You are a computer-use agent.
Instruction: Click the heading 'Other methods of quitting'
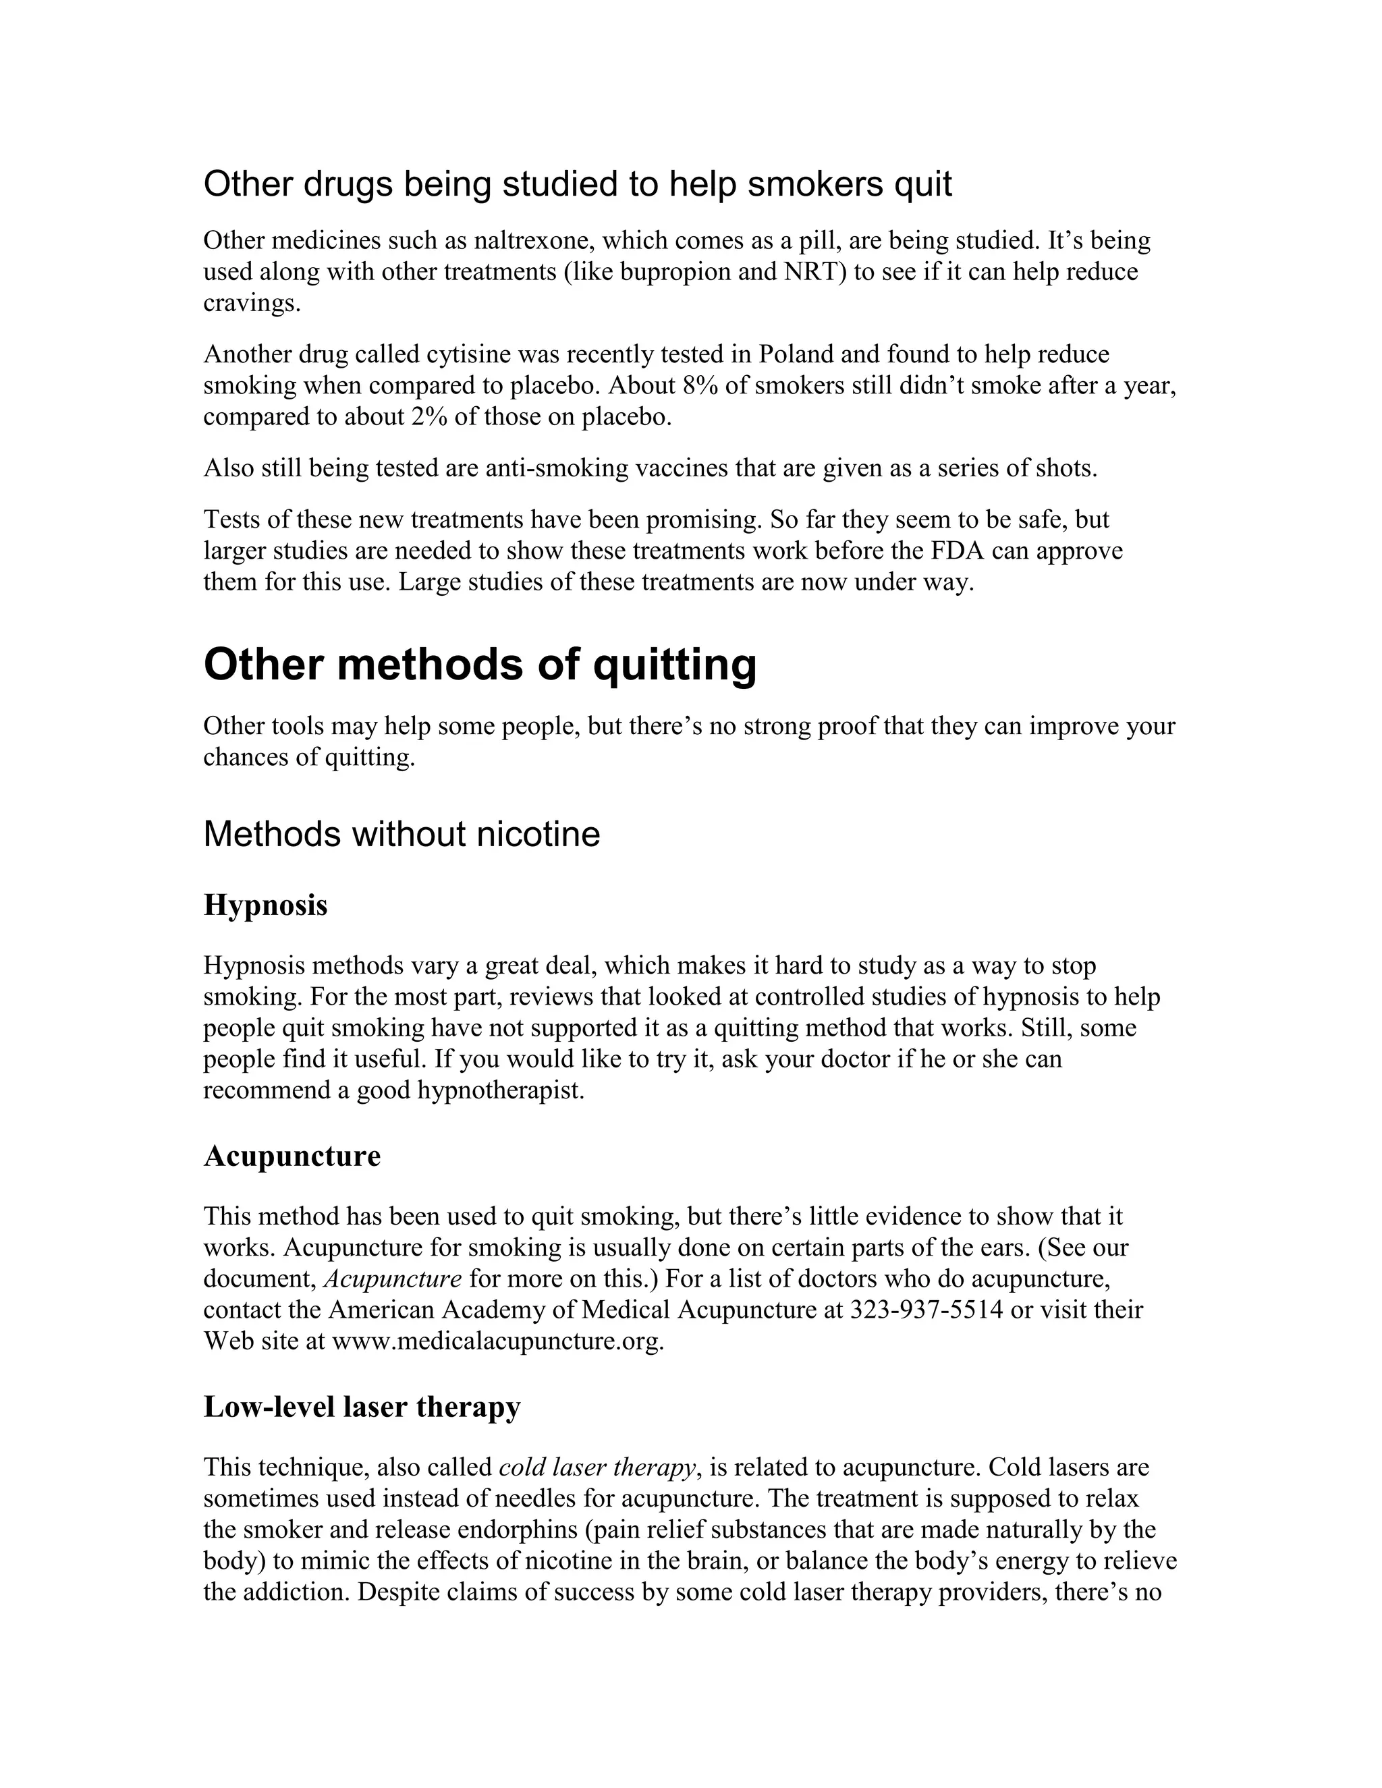click(480, 665)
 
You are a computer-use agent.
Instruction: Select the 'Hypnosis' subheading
click(265, 905)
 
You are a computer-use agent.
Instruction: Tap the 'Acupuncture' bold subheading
click(292, 1156)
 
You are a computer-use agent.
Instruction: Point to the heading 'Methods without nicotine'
click(402, 834)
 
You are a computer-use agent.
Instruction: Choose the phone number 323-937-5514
click(926, 1310)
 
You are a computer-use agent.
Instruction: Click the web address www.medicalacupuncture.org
click(496, 1341)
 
